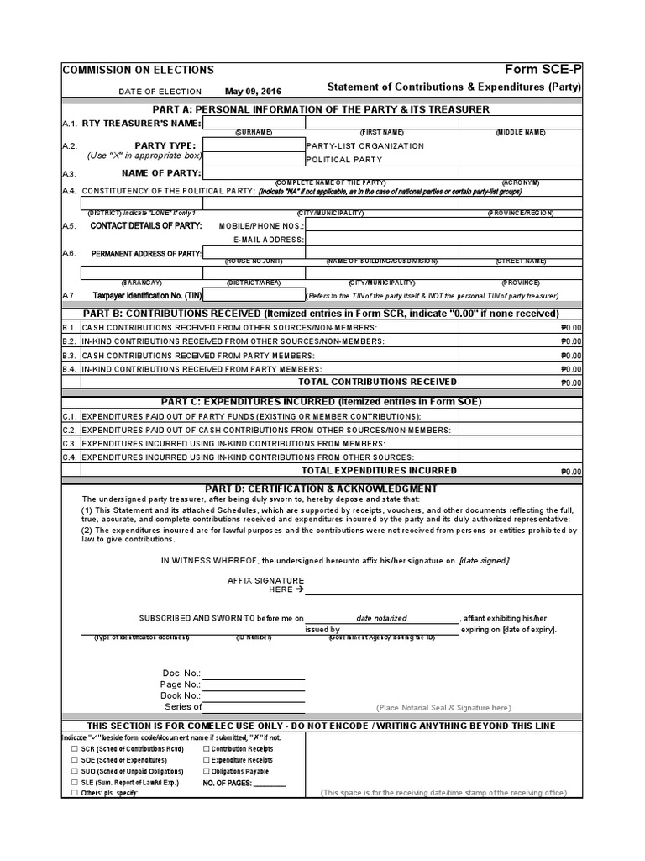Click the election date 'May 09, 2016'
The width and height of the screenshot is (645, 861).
(x=253, y=91)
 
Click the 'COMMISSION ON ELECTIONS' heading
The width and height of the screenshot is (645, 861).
(x=139, y=71)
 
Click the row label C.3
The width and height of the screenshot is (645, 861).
(x=70, y=443)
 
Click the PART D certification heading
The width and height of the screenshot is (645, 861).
(x=320, y=489)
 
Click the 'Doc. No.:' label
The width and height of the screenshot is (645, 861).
(x=181, y=673)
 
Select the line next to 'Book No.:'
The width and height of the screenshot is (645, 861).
(x=254, y=696)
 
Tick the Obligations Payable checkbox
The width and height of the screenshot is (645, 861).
(x=207, y=771)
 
